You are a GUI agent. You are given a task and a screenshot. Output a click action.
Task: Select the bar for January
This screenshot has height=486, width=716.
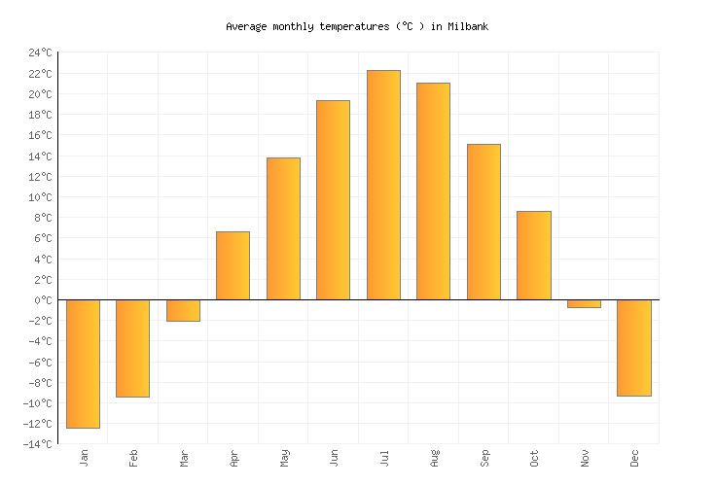click(83, 364)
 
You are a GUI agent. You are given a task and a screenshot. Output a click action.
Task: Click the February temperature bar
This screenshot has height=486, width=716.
click(132, 348)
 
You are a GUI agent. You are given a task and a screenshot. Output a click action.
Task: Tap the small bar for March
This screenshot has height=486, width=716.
click(183, 310)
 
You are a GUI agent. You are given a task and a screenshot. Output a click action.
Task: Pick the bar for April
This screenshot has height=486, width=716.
click(233, 265)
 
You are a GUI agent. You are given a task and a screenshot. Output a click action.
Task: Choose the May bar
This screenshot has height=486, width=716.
click(283, 228)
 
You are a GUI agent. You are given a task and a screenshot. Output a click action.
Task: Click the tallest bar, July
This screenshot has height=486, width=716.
click(383, 185)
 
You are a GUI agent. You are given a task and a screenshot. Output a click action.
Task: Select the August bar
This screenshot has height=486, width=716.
click(433, 191)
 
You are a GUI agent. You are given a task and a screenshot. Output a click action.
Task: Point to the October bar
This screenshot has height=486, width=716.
click(533, 255)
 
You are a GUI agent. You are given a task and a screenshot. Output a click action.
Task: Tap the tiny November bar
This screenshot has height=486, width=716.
click(584, 303)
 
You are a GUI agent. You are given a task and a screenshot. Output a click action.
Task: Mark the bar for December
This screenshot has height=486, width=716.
click(633, 348)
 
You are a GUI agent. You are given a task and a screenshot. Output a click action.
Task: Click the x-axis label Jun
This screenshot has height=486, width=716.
click(334, 457)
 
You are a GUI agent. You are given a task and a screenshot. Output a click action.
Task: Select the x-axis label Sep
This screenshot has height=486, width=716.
click(484, 457)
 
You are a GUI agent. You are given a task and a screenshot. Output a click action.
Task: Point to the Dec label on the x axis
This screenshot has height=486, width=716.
click(634, 457)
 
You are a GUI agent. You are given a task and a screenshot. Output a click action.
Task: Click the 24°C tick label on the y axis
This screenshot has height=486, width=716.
click(40, 52)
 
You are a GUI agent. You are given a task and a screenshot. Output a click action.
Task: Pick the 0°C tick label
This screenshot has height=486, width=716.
click(43, 300)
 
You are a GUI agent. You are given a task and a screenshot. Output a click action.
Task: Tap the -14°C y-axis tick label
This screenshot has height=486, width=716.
click(37, 444)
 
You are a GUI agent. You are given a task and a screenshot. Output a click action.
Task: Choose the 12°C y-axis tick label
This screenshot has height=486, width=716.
click(40, 177)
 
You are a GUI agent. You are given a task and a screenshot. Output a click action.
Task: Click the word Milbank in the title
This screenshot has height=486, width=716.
click(468, 26)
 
